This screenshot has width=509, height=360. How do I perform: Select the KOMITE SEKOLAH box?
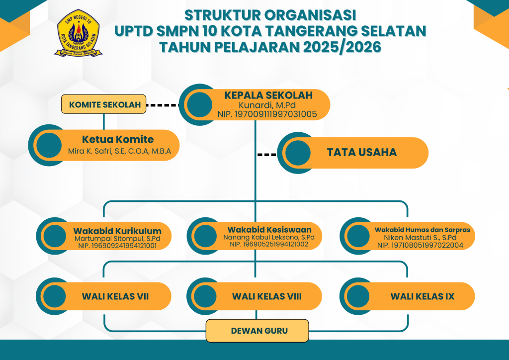pos(103,104)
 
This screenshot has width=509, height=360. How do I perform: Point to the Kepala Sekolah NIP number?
pos(267,114)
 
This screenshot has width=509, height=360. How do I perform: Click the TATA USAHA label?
pos(361,153)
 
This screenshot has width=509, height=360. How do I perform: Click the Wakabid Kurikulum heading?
pos(117,231)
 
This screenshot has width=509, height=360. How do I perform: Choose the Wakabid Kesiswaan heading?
pos(269,229)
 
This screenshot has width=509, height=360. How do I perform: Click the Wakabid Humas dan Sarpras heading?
pos(422,230)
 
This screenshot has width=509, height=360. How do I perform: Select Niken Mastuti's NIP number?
pos(420,245)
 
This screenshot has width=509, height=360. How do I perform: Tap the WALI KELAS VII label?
pos(115,296)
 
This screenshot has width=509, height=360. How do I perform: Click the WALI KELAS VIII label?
pos(266,296)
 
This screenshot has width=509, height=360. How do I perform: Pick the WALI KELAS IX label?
pos(422,296)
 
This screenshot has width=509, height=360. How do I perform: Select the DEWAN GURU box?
pos(257,331)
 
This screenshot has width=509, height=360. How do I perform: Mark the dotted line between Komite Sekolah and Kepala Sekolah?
pos(164,105)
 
